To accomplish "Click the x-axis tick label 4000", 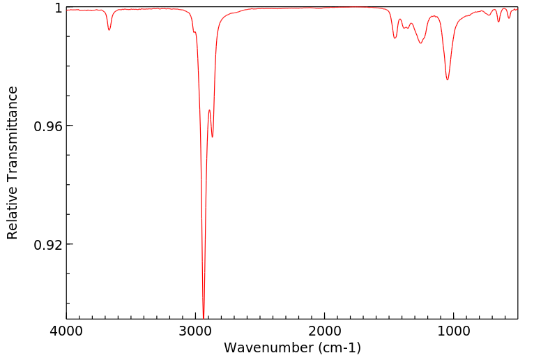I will click(x=66, y=331).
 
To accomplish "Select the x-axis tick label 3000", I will click(x=196, y=331).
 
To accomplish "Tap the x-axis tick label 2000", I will click(x=325, y=331).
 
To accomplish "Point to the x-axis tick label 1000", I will click(x=454, y=331).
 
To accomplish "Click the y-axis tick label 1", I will click(x=59, y=8).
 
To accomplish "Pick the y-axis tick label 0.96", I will click(x=49, y=126).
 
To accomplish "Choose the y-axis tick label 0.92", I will click(x=49, y=245).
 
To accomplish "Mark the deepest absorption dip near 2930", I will click(x=204, y=317).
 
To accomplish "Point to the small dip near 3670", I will click(x=109, y=29).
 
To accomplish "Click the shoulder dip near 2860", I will click(x=213, y=137).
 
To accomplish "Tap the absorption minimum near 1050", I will click(x=448, y=80).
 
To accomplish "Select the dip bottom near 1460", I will click(x=395, y=38).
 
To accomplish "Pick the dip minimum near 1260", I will click(x=420, y=43).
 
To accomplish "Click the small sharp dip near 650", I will click(x=498, y=22).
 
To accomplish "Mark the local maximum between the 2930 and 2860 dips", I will click(x=209, y=110).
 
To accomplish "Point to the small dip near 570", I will click(x=509, y=17).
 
